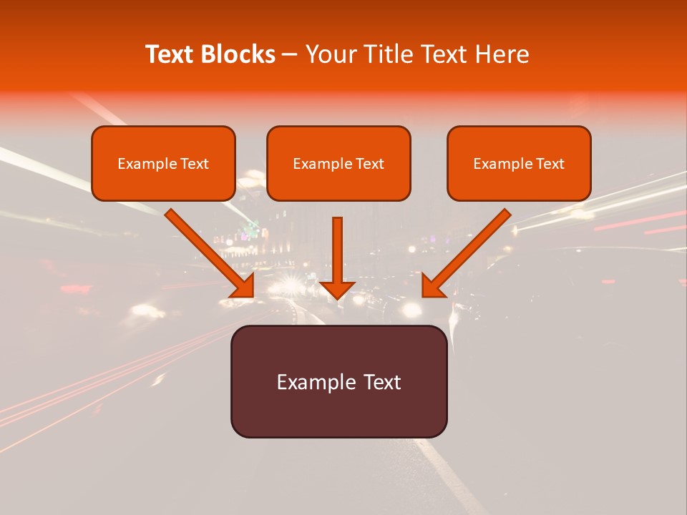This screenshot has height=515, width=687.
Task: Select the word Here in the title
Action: pos(502,54)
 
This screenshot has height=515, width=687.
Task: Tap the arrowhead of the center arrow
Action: pos(337,289)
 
